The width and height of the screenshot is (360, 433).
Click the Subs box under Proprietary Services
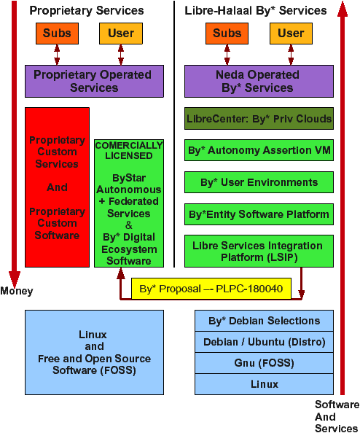point(57,34)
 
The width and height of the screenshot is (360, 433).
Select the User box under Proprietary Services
point(121,34)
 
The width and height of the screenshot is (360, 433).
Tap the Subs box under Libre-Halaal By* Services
point(227,34)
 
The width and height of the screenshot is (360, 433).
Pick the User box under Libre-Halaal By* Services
point(291,34)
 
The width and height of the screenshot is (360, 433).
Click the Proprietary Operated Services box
point(94,81)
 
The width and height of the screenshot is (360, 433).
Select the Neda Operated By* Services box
point(259,81)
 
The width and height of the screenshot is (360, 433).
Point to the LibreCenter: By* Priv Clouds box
point(259,119)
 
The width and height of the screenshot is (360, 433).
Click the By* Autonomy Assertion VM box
point(259,150)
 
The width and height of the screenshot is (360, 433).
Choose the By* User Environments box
point(259,182)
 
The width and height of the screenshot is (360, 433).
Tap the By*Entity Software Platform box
point(259,214)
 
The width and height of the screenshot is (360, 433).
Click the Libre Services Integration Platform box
point(259,251)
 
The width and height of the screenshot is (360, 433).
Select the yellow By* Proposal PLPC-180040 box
point(211,289)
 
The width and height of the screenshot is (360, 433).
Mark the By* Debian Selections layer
point(265,321)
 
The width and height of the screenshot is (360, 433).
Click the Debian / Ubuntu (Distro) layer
point(265,342)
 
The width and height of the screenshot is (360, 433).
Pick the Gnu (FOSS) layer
point(265,363)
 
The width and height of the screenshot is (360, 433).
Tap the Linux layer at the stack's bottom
point(265,384)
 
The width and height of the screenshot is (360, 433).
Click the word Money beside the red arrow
point(17,291)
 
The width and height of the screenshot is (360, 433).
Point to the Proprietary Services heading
point(87,10)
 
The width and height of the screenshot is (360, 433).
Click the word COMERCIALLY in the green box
point(129,145)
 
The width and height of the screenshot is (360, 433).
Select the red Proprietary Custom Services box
point(57,187)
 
